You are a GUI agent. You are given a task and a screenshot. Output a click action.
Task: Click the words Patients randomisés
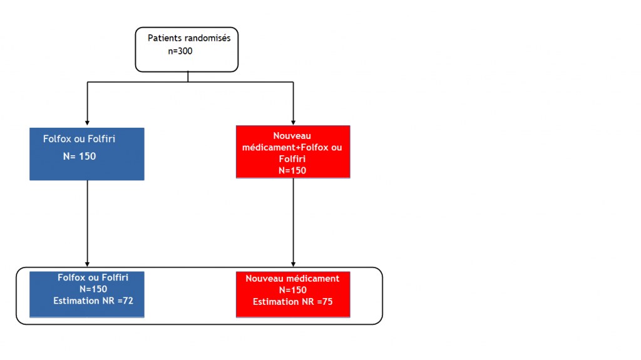click(189, 38)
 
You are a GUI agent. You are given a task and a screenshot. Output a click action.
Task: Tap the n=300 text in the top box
click(180, 51)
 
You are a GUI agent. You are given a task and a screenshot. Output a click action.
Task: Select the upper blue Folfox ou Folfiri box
click(86, 154)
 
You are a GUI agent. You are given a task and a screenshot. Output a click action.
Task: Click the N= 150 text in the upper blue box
click(79, 157)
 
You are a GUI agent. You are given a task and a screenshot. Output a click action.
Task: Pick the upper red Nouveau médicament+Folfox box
click(293, 152)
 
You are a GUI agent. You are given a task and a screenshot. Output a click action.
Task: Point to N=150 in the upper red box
click(292, 170)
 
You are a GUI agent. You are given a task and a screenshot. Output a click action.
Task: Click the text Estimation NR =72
click(93, 301)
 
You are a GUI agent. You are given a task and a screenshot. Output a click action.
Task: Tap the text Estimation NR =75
click(293, 302)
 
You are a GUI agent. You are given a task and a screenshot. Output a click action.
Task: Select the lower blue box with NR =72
click(86, 294)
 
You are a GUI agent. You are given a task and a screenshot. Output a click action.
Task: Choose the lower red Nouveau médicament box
click(293, 294)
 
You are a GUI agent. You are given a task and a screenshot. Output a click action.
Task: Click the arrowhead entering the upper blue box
click(87, 123)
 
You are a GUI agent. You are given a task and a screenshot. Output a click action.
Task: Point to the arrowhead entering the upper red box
click(293, 123)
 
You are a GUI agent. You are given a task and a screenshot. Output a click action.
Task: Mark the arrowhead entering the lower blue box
click(87, 264)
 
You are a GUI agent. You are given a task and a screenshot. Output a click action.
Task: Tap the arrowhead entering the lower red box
click(293, 264)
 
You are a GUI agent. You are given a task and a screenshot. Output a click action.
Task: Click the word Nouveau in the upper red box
click(292, 136)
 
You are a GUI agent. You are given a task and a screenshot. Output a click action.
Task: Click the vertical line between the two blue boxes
click(87, 224)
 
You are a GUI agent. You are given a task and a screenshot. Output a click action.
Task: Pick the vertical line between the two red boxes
click(293, 222)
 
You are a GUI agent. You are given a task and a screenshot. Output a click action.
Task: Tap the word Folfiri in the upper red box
click(292, 159)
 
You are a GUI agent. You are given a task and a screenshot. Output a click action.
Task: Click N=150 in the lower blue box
click(93, 289)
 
